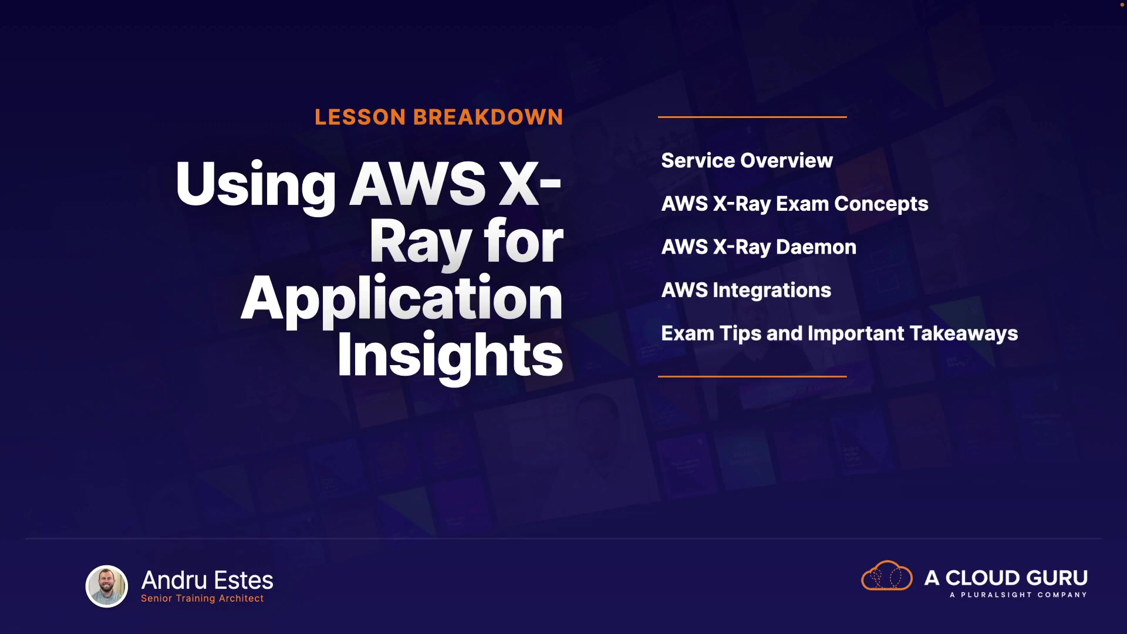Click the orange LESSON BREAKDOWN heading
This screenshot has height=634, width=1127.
point(438,117)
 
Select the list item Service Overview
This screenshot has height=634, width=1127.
point(747,160)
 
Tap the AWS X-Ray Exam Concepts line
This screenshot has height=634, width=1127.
point(795,204)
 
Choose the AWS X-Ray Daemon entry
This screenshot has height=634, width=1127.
point(758,247)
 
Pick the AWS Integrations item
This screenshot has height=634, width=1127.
point(746,290)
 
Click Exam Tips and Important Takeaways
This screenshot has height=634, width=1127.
point(839,333)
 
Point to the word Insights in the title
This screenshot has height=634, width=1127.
point(450,356)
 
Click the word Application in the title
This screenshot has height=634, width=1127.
point(402,299)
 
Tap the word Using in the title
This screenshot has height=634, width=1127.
point(255,184)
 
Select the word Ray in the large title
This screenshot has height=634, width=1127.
point(421,242)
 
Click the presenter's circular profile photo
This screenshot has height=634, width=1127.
point(107,586)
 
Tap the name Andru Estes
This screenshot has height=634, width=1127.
point(207,580)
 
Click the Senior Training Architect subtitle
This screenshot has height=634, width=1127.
point(202,598)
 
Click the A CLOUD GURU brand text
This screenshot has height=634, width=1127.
point(1005,578)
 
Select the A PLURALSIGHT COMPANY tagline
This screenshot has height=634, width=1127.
point(1018,595)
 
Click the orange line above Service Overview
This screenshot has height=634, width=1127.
point(752,117)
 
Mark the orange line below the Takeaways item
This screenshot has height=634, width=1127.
point(752,376)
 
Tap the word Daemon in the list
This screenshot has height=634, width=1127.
point(816,247)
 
